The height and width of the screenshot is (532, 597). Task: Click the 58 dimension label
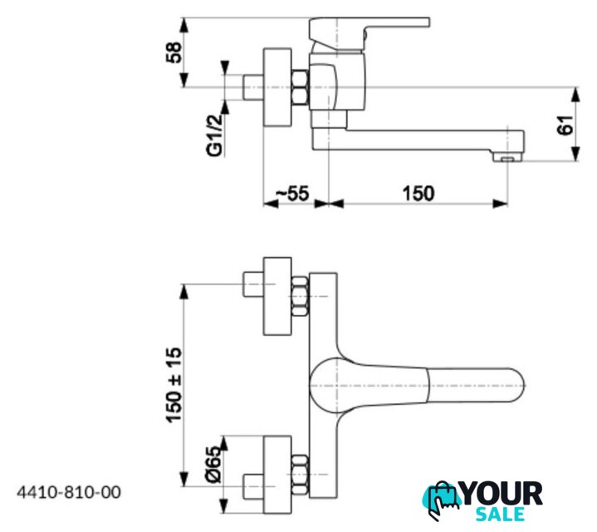coord(174,52)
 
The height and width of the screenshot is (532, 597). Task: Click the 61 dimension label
coord(565,124)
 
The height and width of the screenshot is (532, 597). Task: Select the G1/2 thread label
coord(214,135)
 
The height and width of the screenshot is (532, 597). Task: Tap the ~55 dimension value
coord(292,193)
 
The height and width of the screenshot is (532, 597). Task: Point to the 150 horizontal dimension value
coord(418,193)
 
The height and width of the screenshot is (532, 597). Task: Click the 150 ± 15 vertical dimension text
coord(174,385)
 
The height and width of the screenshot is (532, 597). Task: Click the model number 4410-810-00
coord(69,492)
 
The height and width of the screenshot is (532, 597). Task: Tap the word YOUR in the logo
coord(501,494)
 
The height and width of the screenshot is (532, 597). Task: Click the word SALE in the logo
coord(501,515)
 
